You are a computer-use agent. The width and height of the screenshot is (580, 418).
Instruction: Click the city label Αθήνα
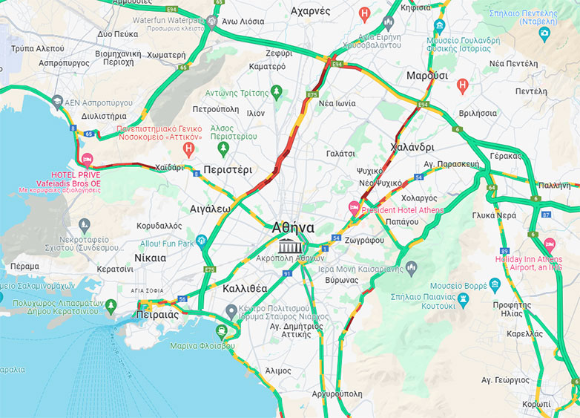coord(293,227)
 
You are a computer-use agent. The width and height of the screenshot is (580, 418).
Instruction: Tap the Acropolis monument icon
coord(290,246)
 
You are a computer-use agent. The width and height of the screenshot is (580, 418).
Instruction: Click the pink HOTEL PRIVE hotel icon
coord(87,160)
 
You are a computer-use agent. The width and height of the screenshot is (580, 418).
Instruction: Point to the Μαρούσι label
coord(427,76)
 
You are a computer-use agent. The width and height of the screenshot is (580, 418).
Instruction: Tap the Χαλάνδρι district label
coord(412,147)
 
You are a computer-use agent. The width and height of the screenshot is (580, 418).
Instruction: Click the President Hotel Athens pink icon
coord(354,206)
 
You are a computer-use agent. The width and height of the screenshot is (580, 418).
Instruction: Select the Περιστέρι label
coord(228,169)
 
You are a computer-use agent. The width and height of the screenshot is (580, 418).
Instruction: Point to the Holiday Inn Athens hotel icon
coord(550,244)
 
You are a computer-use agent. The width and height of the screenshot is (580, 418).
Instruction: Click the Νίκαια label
coord(151,258)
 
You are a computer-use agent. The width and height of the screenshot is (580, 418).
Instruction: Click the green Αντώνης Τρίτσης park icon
coord(277,92)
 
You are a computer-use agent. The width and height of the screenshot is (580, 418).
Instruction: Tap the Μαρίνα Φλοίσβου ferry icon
coord(222,331)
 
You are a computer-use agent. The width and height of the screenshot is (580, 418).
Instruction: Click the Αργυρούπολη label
coord(337,393)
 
